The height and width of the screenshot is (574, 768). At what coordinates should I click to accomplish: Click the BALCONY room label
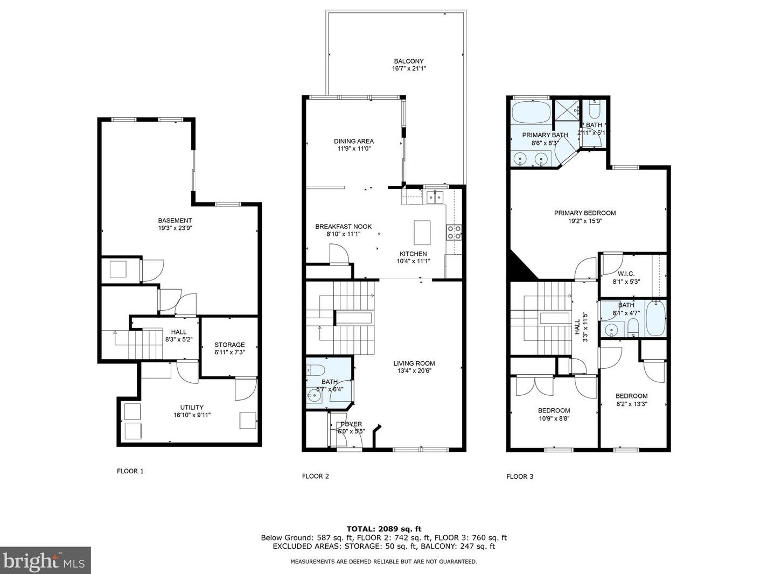(408, 61)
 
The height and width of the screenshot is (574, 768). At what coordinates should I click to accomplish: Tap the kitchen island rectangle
(422, 233)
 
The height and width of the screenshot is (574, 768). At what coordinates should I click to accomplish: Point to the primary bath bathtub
(531, 114)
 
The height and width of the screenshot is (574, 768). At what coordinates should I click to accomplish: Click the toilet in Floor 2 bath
(316, 370)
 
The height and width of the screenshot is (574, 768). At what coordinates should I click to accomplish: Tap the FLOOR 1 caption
(130, 471)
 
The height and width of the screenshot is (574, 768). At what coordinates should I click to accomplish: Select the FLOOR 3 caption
(520, 477)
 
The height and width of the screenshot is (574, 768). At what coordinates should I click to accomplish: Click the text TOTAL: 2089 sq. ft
(383, 529)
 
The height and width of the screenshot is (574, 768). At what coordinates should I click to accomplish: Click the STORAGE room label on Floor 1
(229, 345)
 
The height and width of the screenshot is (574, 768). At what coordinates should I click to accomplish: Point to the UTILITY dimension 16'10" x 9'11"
(192, 415)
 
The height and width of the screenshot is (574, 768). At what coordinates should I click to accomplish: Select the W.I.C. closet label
(626, 274)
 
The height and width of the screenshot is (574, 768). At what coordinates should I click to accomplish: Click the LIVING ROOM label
(414, 363)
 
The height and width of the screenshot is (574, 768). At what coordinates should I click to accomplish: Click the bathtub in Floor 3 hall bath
(655, 318)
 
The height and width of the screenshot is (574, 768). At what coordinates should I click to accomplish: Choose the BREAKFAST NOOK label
(343, 227)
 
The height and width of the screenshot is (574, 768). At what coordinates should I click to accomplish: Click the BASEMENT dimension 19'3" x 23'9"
(174, 228)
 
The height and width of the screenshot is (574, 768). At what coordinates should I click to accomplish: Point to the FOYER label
(351, 424)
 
